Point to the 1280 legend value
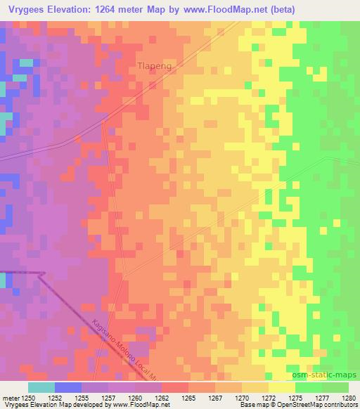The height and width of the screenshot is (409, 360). pos(348,398)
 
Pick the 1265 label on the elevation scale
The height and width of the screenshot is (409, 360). pos(188,398)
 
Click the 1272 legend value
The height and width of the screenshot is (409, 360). pos(269,398)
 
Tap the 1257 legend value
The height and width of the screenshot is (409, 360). pos(108,398)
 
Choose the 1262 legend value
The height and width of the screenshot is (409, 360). pos(162,398)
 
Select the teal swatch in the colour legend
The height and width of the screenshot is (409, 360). pos(41,387)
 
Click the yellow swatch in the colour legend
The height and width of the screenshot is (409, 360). pos(282,387)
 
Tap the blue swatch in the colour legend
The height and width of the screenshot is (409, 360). pos(68,387)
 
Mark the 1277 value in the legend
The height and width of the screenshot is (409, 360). pos(322,398)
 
